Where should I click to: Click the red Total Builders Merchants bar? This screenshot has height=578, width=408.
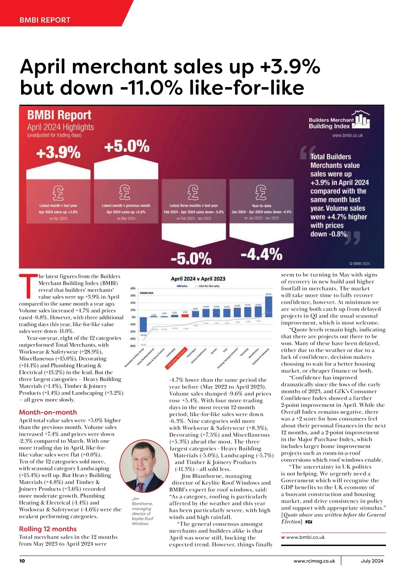185,315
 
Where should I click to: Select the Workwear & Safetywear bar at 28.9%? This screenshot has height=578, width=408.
269,307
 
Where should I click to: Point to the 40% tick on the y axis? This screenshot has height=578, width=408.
133,288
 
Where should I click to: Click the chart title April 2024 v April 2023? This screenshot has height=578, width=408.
198,279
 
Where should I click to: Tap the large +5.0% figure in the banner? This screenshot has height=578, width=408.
126,147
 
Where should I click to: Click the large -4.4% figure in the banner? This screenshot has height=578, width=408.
261,254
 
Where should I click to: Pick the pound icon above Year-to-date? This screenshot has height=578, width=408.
261,193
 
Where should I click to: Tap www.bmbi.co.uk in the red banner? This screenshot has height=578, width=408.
347,135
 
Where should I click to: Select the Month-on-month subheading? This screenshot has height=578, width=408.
48,412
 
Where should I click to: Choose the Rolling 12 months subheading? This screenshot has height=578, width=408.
48,529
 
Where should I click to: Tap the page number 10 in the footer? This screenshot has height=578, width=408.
22,561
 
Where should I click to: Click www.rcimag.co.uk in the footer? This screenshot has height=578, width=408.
314,561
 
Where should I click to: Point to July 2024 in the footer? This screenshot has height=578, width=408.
372,561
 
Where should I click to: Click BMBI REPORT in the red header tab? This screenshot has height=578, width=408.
45,20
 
